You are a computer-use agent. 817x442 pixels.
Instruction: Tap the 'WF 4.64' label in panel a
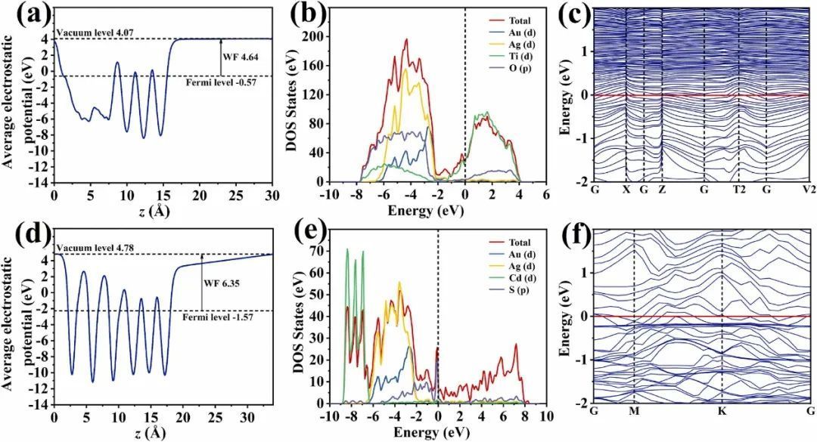point(248,57)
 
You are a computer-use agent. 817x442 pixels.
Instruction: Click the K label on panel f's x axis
point(722,413)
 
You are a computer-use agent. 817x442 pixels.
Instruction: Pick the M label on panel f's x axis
point(634,413)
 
